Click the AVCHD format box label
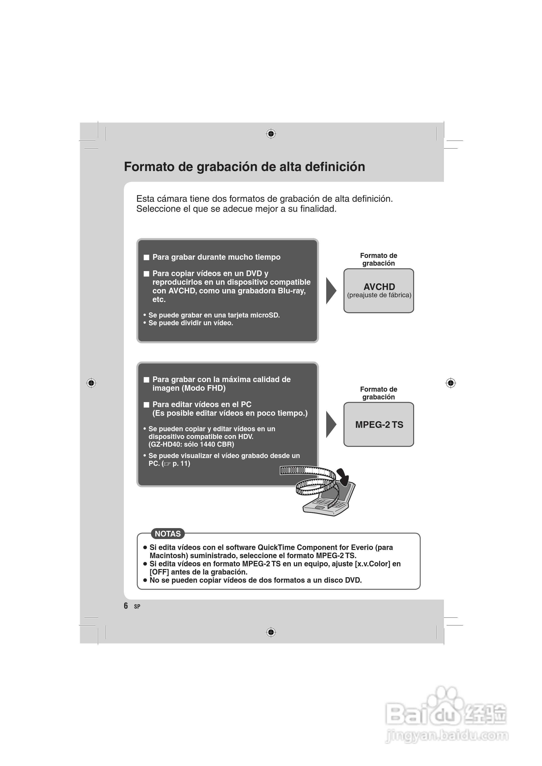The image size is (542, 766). coord(379,287)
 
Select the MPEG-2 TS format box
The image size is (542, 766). coord(379,424)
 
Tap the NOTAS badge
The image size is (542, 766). coord(168,534)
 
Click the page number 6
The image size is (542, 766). coord(126,606)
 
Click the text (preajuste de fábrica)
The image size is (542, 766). coord(379,295)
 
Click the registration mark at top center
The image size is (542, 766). coord(271,134)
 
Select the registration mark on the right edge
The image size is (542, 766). coord(450,383)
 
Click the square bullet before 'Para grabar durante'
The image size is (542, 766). coord(146,257)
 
